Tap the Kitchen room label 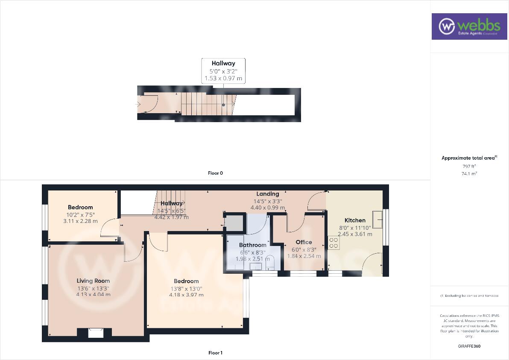coord(355,220)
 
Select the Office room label coord(304,242)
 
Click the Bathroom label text coord(252,245)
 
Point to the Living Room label coord(93,281)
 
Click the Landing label coord(268,194)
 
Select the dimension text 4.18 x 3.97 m coord(186,295)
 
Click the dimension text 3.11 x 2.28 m coord(80,221)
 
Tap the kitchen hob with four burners coord(333,243)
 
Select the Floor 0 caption coord(215,173)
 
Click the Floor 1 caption coord(215,353)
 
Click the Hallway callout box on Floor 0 coord(223,71)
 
